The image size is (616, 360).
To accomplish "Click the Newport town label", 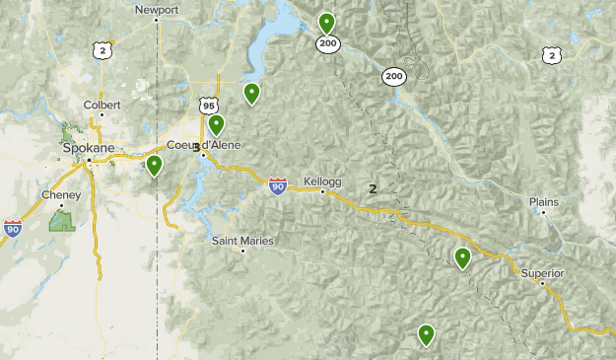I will click(157, 10).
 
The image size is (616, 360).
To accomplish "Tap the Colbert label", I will click(102, 104).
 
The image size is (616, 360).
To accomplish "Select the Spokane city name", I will click(89, 148).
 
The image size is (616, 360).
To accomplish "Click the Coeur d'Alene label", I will click(204, 146).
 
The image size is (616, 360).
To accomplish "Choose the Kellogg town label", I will click(322, 181).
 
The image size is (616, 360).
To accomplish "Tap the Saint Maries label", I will click(243, 241).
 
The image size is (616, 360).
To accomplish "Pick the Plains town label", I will click(543, 201).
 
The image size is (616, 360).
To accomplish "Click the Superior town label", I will click(543, 272).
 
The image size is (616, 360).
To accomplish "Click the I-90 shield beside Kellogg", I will click(279, 185).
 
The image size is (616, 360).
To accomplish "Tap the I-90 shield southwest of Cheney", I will click(13, 229).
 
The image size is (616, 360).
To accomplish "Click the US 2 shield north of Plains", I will click(551, 55).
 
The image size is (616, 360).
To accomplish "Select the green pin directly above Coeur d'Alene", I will click(216, 125).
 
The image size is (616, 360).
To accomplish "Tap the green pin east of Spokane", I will click(154, 166).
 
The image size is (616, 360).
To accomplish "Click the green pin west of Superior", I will click(462, 258).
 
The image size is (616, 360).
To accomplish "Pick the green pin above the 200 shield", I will click(326, 22).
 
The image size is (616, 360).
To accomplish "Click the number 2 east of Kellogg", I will click(373, 188).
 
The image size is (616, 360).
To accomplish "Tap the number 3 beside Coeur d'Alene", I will click(197, 147).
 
